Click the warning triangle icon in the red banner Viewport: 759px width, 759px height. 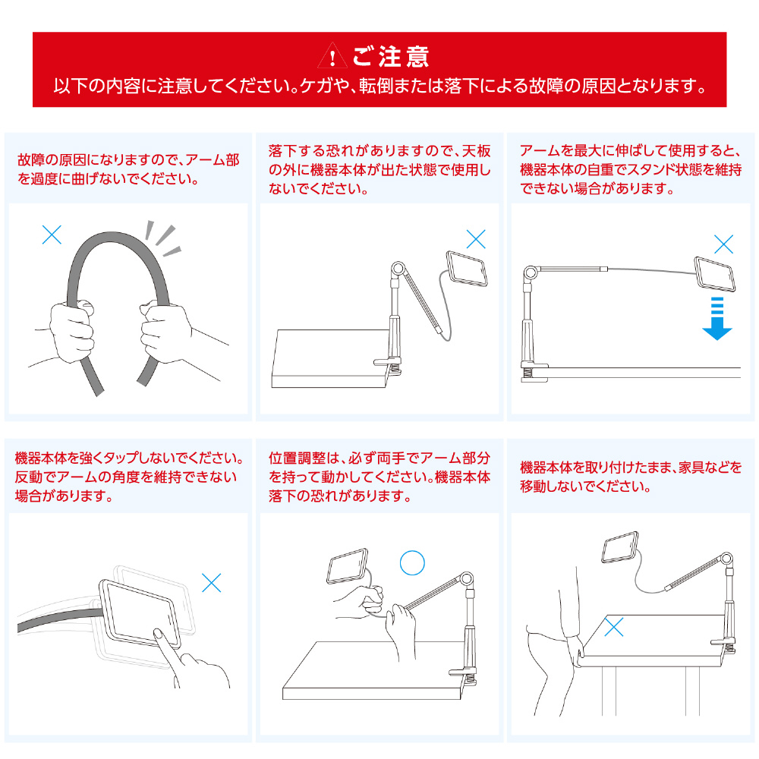pos(332,55)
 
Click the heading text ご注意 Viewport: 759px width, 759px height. pos(391,56)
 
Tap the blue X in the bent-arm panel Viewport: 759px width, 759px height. pos(52,235)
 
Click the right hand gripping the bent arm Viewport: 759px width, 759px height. pos(165,332)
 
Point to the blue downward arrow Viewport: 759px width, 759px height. pos(717,319)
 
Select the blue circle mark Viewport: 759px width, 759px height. pos(412,562)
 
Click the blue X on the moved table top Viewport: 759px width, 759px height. pos(614,627)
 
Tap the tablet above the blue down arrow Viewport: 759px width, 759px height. pos(715,274)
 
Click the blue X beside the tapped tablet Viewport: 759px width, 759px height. pos(212,583)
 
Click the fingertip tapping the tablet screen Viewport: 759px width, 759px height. pos(157,632)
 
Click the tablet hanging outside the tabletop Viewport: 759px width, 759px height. pos(467,269)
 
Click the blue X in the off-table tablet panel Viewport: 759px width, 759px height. pos(476,239)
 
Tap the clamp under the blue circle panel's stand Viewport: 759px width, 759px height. pos(463,676)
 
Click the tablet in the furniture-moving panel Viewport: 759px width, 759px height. pos(620,547)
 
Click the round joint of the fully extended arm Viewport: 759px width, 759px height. pos(531,272)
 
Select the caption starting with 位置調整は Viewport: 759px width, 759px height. pos(379,477)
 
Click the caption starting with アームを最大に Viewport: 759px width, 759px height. pos(631,169)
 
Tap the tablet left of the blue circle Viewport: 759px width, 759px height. pos(348,566)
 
